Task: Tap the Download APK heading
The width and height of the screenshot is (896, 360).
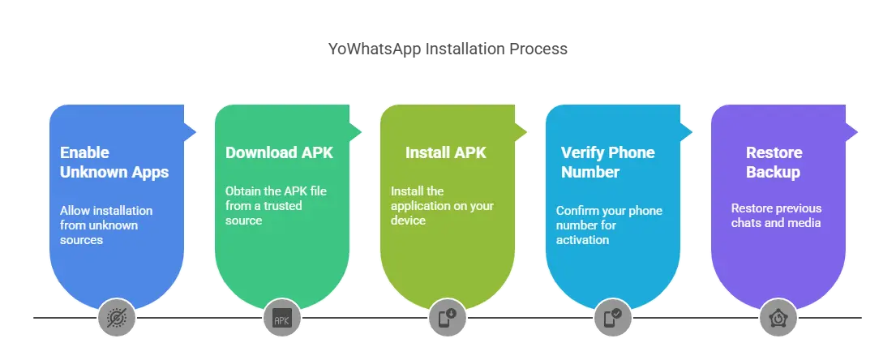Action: tap(278, 152)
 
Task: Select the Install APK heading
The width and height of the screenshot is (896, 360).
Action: tap(445, 152)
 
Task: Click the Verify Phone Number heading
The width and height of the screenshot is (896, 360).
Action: tap(607, 162)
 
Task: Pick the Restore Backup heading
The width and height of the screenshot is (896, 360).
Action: tap(774, 162)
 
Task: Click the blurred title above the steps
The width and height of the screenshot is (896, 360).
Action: tap(448, 50)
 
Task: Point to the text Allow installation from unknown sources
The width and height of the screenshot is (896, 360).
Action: tap(105, 225)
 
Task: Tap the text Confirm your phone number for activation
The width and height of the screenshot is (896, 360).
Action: tap(609, 225)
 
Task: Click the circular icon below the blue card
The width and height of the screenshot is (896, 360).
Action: tap(117, 318)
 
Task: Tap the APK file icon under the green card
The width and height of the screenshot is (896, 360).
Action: tap(282, 318)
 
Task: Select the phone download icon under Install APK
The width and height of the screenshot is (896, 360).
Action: tap(448, 318)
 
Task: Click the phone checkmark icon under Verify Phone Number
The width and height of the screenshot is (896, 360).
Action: tap(613, 318)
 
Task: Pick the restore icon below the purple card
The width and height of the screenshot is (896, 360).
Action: tap(778, 318)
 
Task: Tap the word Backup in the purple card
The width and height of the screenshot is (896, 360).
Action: tap(774, 172)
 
